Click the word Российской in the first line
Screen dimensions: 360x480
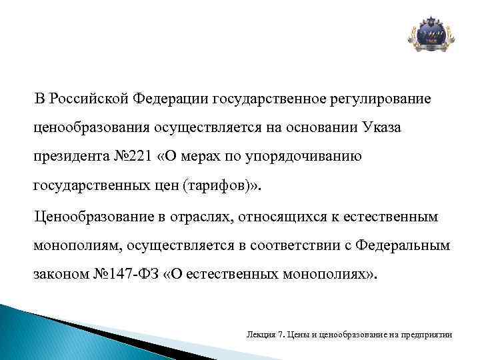(x=89, y=99)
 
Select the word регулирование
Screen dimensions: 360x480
(x=380, y=99)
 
